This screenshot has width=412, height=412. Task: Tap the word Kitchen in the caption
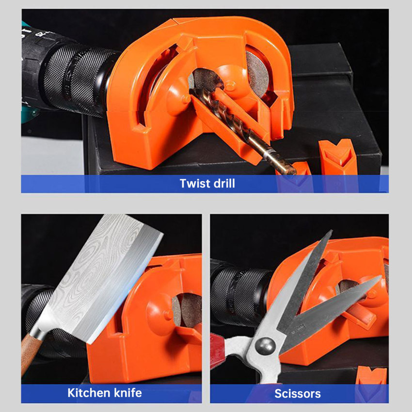coord(88,393)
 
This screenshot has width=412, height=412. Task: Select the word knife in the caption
coord(127,393)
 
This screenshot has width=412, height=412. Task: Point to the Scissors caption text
coord(298,394)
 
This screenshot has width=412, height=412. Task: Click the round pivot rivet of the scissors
coord(265,346)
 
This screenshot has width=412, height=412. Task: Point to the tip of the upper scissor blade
coord(332,231)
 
